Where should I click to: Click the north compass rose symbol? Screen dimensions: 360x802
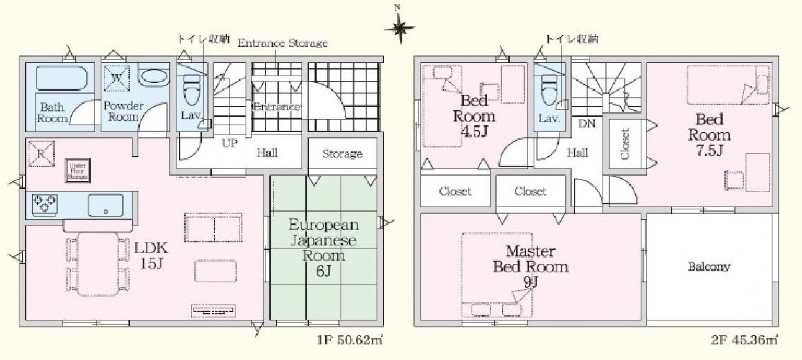point(399,27)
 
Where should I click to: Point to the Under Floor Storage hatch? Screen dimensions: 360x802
point(78,172)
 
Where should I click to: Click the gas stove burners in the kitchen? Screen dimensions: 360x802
point(43,204)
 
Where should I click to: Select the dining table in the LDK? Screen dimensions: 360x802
point(91,263)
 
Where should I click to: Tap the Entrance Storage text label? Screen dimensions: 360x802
point(282,43)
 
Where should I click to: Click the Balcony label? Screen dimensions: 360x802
point(709,267)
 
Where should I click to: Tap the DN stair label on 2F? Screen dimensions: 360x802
point(587,124)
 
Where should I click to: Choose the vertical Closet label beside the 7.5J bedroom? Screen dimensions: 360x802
point(625,144)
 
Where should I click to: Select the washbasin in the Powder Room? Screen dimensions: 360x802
point(151,78)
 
